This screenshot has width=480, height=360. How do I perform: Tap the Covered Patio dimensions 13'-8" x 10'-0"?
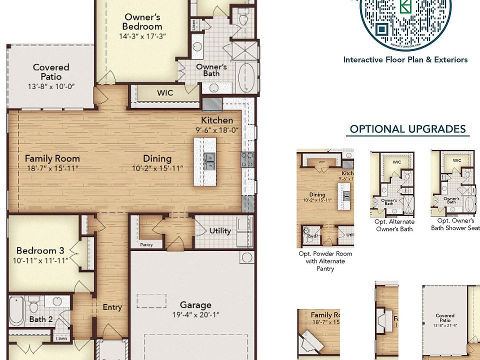(51, 86)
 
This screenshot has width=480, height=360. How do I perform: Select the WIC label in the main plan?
(165, 93)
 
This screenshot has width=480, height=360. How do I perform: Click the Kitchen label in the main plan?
(217, 120)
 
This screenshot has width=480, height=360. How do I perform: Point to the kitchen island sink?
(209, 161)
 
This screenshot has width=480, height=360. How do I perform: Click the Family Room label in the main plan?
(52, 158)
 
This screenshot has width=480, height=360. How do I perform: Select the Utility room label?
(220, 231)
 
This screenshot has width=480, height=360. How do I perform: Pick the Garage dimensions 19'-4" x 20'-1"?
(196, 314)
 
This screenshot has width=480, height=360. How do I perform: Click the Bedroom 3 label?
(40, 251)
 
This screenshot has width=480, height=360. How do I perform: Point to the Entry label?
(112, 307)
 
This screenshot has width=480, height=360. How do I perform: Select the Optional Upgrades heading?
(407, 129)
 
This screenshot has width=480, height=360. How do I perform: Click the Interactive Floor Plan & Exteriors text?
(405, 60)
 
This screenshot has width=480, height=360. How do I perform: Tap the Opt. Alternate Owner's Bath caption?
(394, 225)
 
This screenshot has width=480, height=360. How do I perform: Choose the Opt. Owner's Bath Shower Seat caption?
(455, 224)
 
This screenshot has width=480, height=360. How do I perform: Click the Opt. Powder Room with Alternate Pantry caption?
(325, 261)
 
